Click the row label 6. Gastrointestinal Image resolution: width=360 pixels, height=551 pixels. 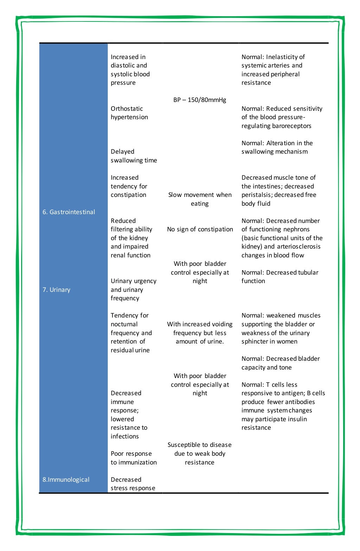[69, 212]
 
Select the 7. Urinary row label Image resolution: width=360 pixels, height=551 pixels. [57, 290]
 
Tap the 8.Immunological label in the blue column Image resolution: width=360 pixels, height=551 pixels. [66, 480]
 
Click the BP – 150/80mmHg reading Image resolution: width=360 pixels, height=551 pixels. [200, 100]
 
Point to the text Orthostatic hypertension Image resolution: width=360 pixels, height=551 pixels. [129, 113]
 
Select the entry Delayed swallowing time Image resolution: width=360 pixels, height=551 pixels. [134, 156]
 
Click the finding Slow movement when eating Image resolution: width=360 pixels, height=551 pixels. [200, 199]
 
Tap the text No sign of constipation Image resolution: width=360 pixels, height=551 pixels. [200, 229]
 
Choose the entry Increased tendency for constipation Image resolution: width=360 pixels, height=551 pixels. [129, 186]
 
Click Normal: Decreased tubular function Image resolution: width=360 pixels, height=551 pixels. [279, 277]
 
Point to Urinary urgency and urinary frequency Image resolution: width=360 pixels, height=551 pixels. [133, 289]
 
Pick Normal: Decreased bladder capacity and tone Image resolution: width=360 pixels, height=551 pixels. [280, 363]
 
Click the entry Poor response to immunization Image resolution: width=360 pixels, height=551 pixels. [134, 458]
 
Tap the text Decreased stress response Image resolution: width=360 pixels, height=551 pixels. [133, 484]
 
